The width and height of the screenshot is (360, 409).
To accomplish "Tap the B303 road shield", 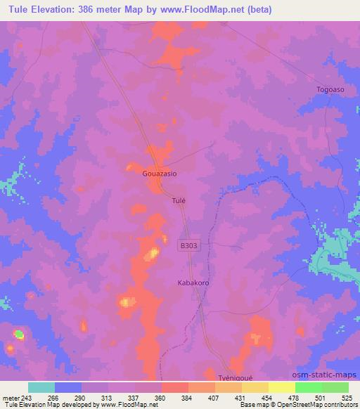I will point(188,246).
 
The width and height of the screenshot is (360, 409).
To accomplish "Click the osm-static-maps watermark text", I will point(329,373).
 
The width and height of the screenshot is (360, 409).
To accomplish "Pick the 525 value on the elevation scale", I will point(347,397).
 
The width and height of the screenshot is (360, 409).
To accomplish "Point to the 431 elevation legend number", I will point(240,397).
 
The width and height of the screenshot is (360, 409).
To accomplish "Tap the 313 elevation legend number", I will point(107,397).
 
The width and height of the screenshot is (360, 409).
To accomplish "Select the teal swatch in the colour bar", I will point(41,387).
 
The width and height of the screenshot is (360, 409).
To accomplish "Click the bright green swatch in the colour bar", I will point(307,387).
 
